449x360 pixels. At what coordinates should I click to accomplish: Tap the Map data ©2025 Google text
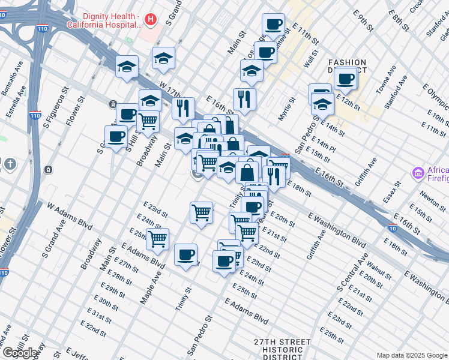(412, 355)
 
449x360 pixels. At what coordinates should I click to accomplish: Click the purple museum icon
(418, 173)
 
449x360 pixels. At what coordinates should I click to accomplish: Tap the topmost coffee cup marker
(273, 25)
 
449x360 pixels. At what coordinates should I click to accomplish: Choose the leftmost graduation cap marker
(127, 67)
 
